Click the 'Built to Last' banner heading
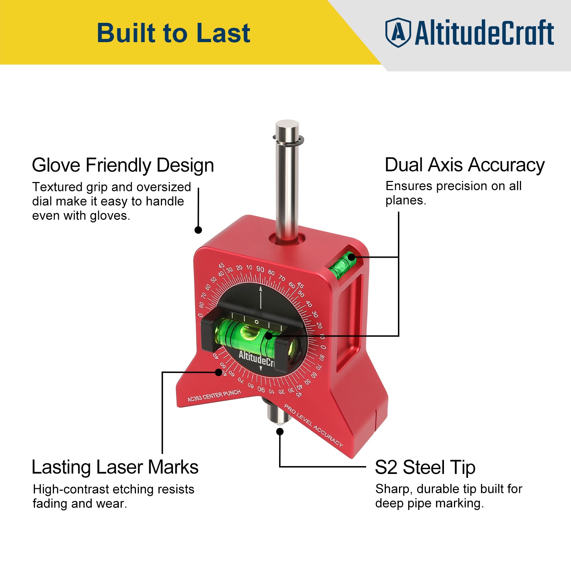(x=173, y=33)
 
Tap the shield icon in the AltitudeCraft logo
(x=398, y=32)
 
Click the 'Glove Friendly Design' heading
(x=123, y=165)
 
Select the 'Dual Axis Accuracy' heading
(x=464, y=165)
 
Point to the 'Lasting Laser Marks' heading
(x=115, y=467)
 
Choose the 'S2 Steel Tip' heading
(x=425, y=467)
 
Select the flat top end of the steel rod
(x=287, y=125)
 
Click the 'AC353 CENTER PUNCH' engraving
(x=214, y=395)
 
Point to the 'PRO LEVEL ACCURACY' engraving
(x=313, y=425)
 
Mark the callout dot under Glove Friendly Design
(x=198, y=230)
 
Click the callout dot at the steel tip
(x=280, y=431)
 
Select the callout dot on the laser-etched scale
(x=219, y=372)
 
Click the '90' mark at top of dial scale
(x=260, y=269)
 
